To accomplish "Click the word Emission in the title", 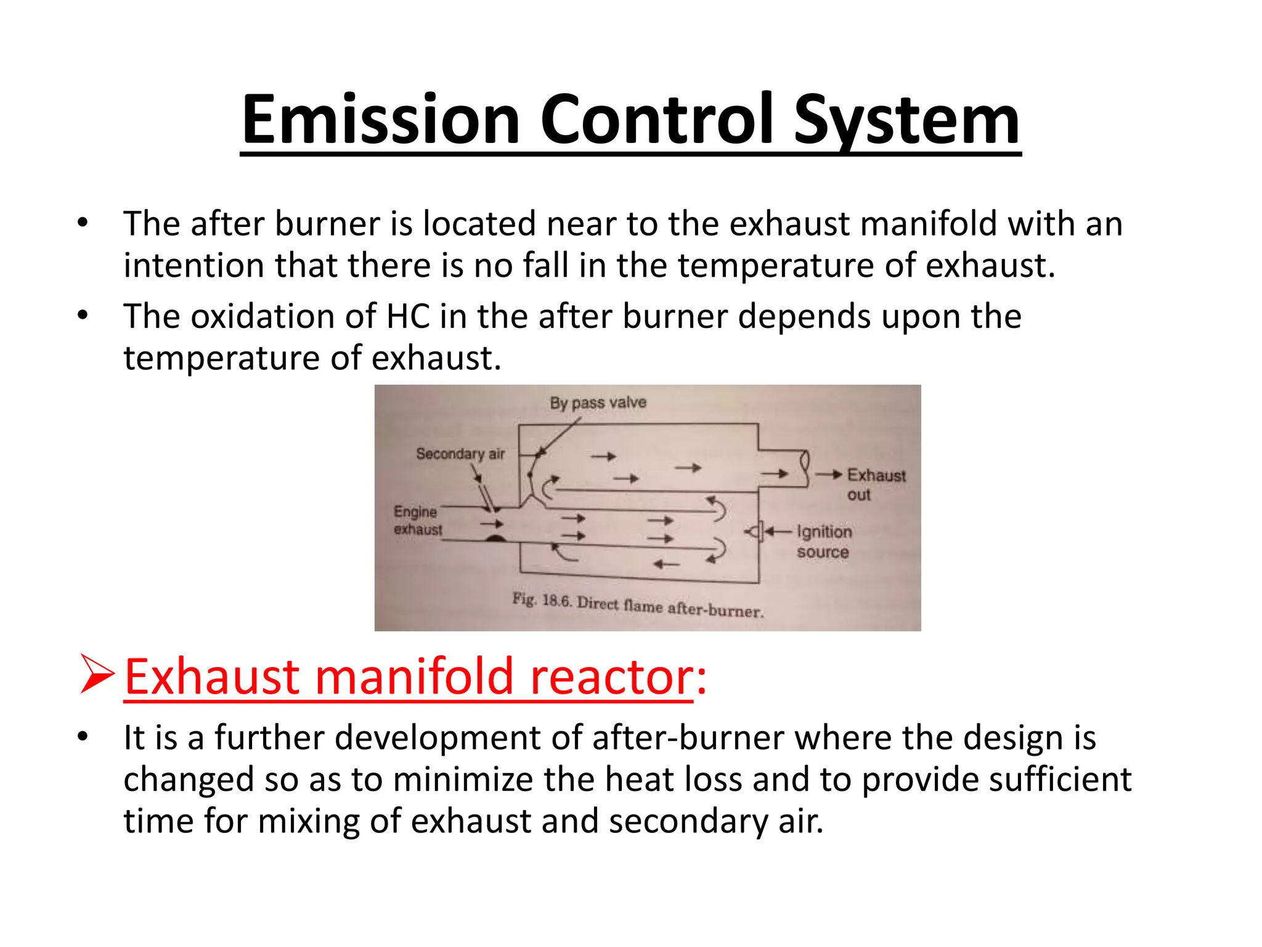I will pyautogui.click(x=381, y=120).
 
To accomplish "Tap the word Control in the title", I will pyautogui.click(x=656, y=120).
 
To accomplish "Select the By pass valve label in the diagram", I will pyautogui.click(x=598, y=403).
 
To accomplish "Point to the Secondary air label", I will pyautogui.click(x=460, y=454).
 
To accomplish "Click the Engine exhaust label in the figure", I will pyautogui.click(x=417, y=520).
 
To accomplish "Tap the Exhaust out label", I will pyautogui.click(x=876, y=484).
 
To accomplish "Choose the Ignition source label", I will pyautogui.click(x=824, y=541).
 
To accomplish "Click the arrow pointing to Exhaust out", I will pyautogui.click(x=829, y=474).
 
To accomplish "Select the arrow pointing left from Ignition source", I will pyautogui.click(x=778, y=531).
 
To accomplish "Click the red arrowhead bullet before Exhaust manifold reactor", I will pyautogui.click(x=97, y=676).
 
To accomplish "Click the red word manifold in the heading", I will pyautogui.click(x=414, y=677).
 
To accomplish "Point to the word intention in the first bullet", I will pyautogui.click(x=194, y=266).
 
